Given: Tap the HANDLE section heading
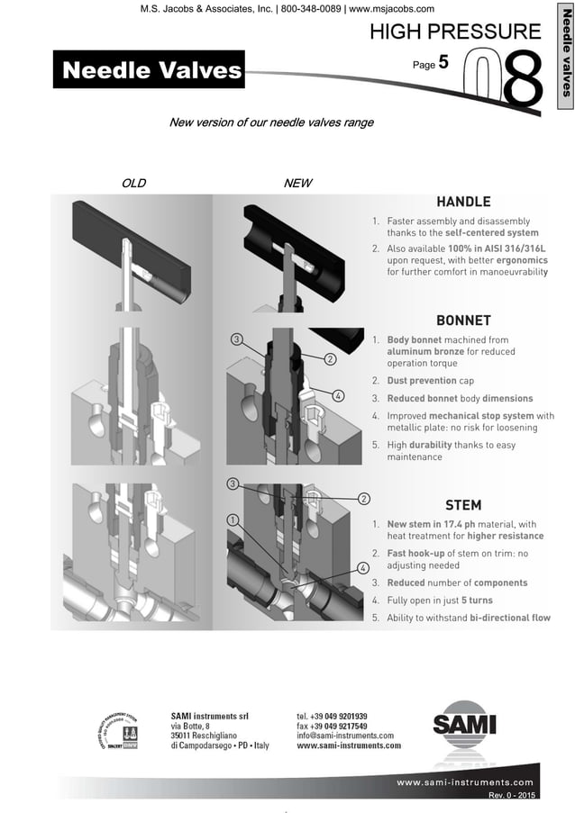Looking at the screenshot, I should point(463,201).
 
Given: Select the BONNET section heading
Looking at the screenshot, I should point(463,320).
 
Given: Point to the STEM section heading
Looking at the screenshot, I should point(463,504).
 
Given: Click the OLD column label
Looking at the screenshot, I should point(133,183).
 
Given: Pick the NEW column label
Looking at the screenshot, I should point(298,183).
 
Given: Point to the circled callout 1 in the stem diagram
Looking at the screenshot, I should point(233,520).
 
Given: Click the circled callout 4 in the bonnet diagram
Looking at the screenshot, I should point(337,395).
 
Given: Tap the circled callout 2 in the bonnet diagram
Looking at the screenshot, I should point(331,359).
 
